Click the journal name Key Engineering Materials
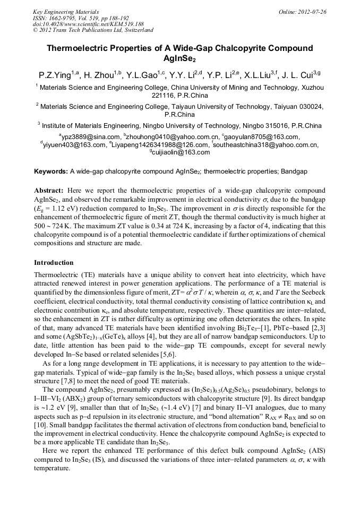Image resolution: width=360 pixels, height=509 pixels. point(65,11)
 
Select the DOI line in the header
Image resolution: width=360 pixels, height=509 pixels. point(88,24)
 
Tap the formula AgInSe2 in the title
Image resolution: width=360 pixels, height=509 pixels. point(180,58)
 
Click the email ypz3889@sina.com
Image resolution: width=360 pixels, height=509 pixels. point(90,137)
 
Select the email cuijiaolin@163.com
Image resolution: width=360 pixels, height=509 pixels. point(181,152)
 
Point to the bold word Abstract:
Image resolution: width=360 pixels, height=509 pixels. point(49,190)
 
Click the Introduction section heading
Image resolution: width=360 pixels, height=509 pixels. point(54,263)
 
